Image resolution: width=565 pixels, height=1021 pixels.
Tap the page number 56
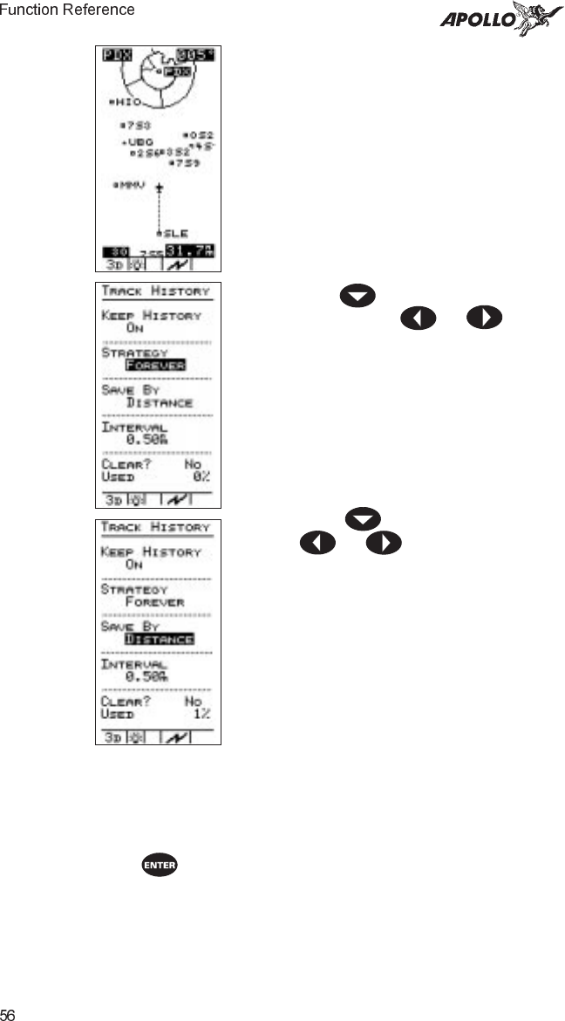[8, 1014]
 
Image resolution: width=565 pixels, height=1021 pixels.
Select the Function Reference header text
[68, 10]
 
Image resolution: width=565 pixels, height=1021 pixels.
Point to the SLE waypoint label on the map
[173, 233]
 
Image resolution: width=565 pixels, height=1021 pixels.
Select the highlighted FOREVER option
[155, 365]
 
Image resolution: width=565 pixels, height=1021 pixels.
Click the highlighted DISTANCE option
[159, 640]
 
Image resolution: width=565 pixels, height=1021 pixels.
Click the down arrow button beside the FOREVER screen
[357, 296]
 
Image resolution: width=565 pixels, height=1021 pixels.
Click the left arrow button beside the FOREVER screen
[418, 317]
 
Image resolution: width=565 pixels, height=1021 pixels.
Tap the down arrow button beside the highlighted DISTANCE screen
[363, 521]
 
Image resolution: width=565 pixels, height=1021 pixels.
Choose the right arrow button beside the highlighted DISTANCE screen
[384, 542]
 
